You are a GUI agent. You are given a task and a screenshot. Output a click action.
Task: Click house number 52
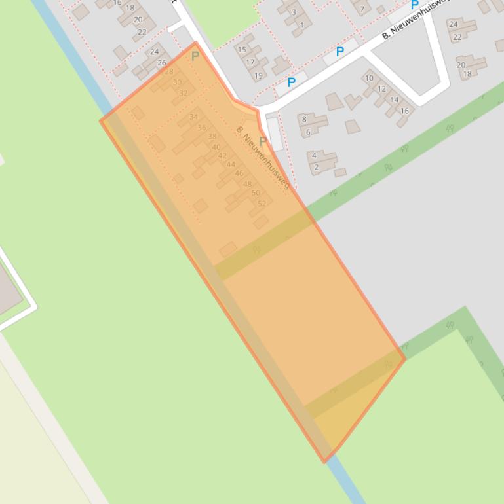(x=262, y=204)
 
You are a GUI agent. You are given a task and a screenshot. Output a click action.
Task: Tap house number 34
(x=193, y=117)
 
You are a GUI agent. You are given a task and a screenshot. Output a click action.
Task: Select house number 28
(x=169, y=72)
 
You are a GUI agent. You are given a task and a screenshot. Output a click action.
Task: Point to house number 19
(x=258, y=75)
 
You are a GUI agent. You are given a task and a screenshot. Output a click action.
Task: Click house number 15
(x=242, y=50)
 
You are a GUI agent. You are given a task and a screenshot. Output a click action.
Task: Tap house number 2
(x=316, y=167)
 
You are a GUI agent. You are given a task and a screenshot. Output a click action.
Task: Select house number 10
(x=369, y=79)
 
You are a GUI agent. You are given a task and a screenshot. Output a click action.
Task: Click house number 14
(x=394, y=100)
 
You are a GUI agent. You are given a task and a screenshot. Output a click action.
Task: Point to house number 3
(x=294, y=12)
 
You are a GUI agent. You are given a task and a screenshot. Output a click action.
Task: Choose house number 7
(x=361, y=9)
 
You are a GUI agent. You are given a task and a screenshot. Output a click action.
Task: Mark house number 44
(x=231, y=164)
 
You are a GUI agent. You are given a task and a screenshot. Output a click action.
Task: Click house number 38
(x=212, y=137)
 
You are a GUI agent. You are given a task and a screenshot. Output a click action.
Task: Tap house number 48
(x=247, y=184)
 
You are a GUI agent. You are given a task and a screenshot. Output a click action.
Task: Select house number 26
(x=162, y=63)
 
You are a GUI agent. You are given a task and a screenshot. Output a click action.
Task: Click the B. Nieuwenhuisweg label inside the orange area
(x=263, y=157)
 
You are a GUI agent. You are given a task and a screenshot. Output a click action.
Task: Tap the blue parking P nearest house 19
(x=291, y=82)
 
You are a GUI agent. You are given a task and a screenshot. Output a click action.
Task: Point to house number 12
(x=381, y=89)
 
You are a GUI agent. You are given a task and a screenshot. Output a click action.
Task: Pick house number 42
(x=222, y=156)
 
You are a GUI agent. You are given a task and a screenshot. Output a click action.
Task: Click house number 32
(x=184, y=93)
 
